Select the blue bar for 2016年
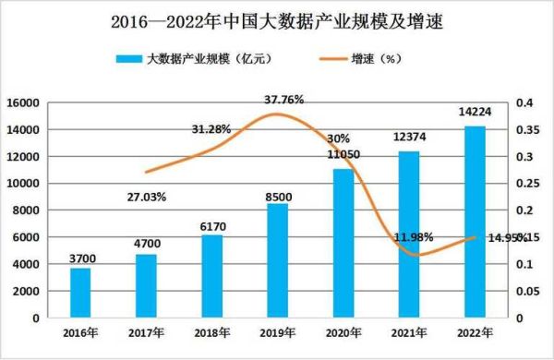[80, 293]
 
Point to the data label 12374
[409, 138]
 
